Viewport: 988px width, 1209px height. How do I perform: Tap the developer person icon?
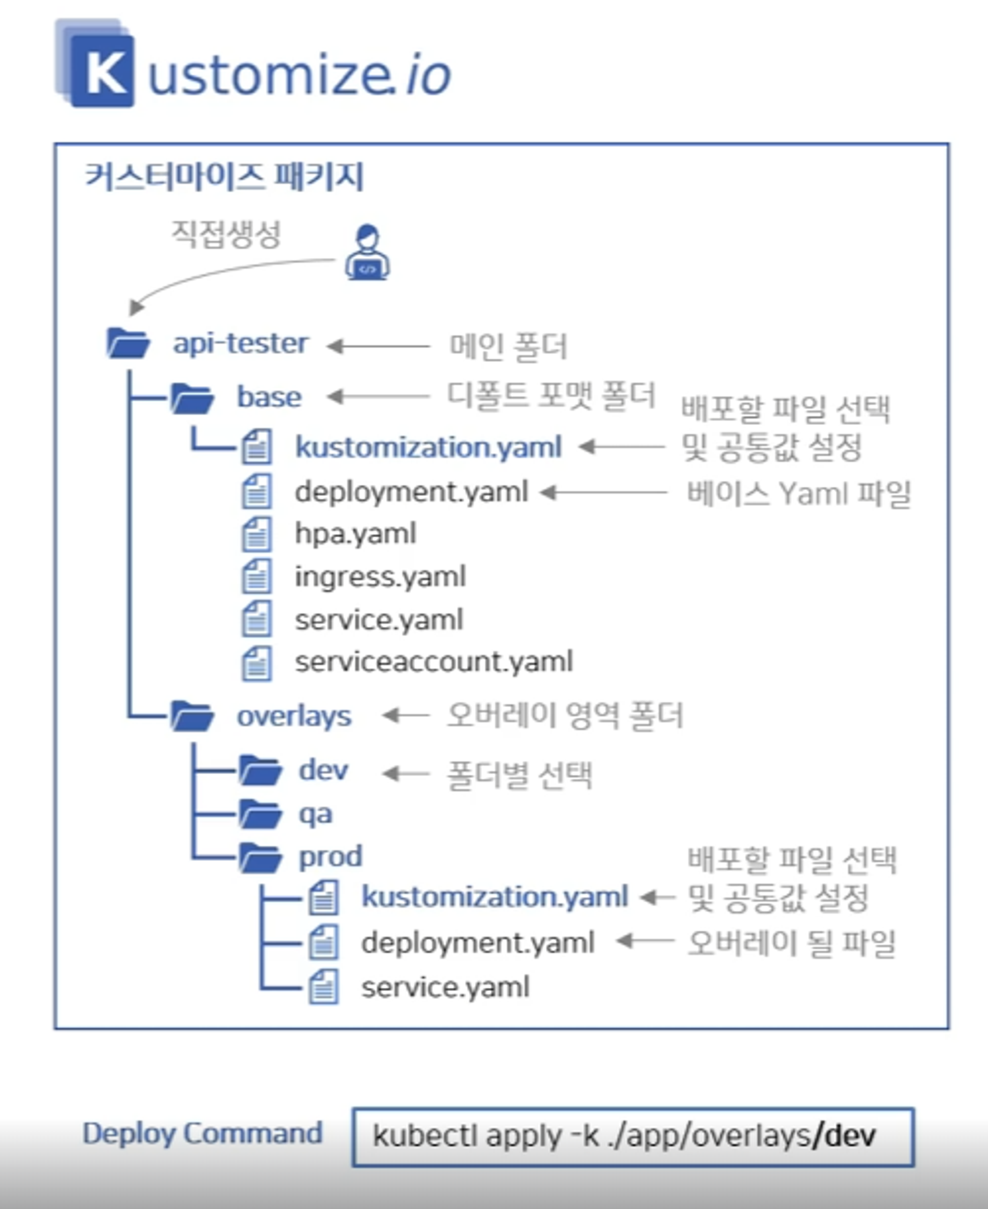pos(368,252)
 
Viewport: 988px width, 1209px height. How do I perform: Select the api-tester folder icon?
pos(128,343)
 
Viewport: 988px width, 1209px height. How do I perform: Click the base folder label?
pos(269,397)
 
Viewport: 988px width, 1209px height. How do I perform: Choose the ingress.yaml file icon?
pos(257,576)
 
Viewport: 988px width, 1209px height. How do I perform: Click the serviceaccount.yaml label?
pos(434,662)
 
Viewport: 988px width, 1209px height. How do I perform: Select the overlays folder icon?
pos(192,716)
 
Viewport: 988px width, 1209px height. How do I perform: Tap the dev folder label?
pos(323,771)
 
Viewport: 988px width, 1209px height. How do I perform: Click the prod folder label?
pos(330,857)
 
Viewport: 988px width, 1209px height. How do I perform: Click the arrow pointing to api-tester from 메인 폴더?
pos(378,345)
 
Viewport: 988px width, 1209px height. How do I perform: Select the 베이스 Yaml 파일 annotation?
pos(798,493)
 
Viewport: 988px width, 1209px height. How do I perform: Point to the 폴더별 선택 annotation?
pos(519,775)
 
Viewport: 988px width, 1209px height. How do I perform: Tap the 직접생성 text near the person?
pos(226,234)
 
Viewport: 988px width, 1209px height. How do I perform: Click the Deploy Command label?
pos(203,1133)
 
